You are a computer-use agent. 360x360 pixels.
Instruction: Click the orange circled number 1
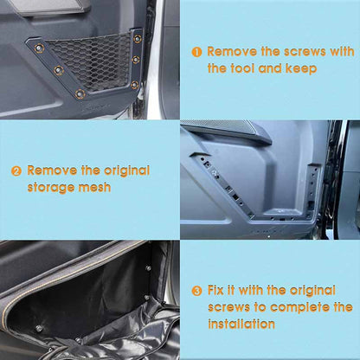click(x=196, y=52)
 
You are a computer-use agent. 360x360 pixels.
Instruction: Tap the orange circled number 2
click(x=16, y=171)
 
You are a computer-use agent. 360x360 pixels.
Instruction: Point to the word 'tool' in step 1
click(x=250, y=67)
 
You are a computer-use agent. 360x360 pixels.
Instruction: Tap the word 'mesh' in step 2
click(x=95, y=187)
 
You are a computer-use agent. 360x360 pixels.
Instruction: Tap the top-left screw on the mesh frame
click(x=37, y=48)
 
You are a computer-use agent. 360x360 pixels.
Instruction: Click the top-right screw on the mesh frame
click(x=137, y=38)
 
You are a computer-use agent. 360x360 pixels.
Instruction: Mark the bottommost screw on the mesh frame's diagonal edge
click(x=80, y=93)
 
